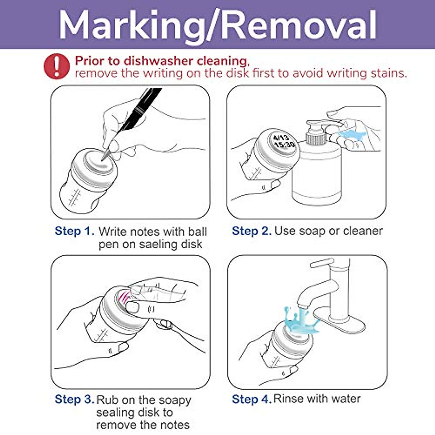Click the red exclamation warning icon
coord(57,66)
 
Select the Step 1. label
coord(74,231)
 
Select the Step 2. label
coord(252,231)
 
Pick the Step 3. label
coord(74,399)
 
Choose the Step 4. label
coord(252,399)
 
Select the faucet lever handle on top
coord(322,263)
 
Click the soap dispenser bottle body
coord(316,174)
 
